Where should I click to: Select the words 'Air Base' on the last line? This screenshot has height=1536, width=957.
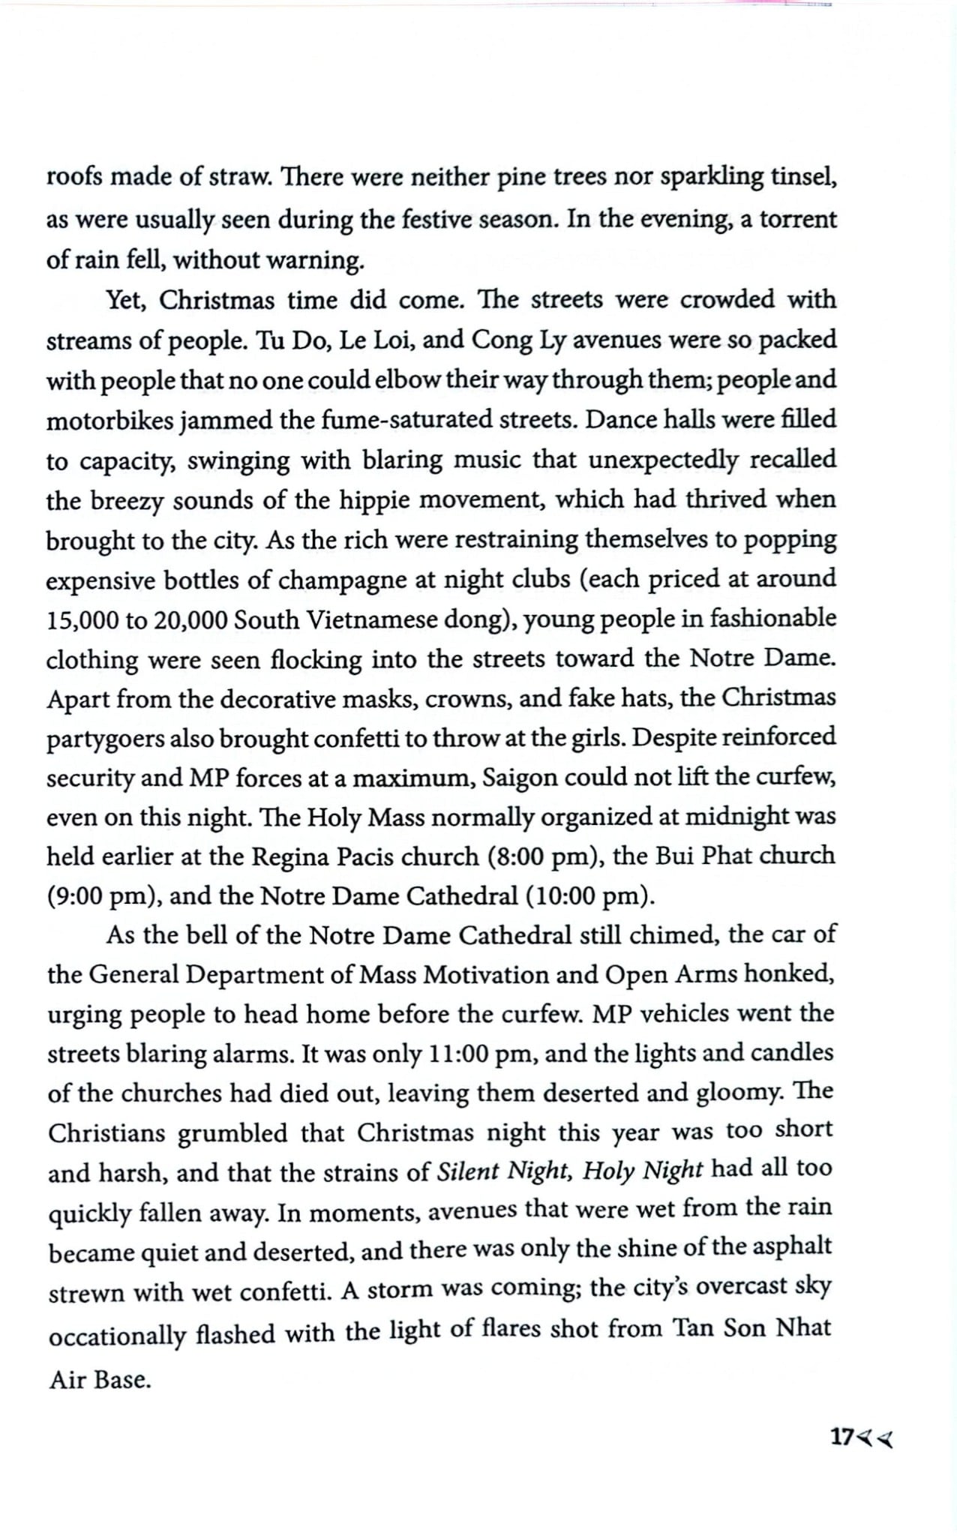(x=100, y=1380)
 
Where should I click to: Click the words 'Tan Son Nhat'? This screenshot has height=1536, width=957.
(x=751, y=1328)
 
